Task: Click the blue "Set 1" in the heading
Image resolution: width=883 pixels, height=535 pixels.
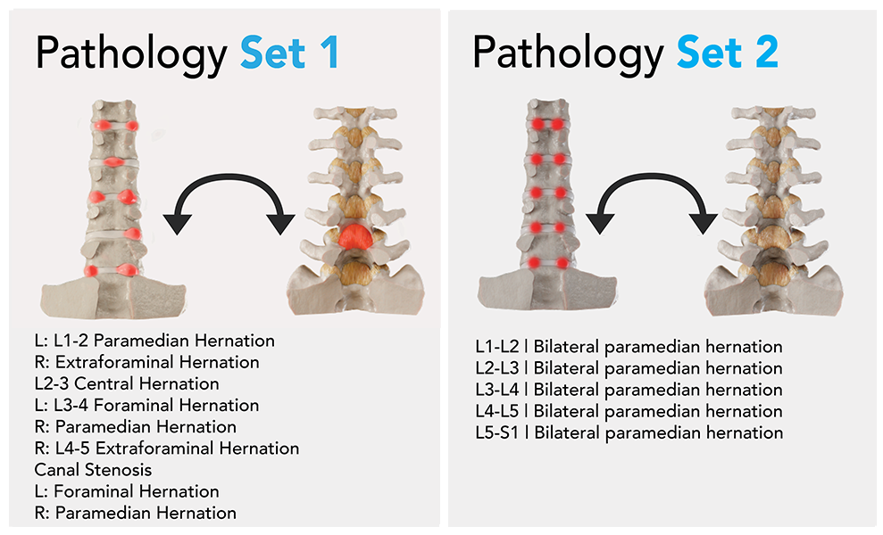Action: coord(289,53)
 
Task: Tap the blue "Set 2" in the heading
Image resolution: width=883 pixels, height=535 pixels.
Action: coord(728,52)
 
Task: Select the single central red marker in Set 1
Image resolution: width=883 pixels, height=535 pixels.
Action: coord(114,162)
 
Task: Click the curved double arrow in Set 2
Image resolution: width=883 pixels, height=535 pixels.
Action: coord(652,177)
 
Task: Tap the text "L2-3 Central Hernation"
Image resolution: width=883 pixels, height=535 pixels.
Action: coord(127,383)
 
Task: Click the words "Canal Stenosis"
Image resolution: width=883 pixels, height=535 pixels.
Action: coord(93,470)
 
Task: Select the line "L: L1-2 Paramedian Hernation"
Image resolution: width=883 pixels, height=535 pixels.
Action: coord(154,341)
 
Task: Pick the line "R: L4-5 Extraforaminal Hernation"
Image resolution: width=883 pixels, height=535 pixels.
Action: coord(167,449)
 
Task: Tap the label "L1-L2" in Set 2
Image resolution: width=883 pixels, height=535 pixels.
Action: coord(497,347)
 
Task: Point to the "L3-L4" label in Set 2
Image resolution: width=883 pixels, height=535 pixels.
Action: coord(497,390)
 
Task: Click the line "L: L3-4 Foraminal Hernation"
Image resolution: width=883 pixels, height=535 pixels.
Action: coord(146,405)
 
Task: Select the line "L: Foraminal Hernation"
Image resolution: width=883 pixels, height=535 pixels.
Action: coord(127,491)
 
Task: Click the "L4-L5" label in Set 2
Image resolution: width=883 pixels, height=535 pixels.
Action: coord(497,411)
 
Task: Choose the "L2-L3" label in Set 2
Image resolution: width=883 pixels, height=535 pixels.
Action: coord(497,368)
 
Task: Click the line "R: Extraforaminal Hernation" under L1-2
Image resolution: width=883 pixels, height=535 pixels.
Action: coord(147,362)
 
